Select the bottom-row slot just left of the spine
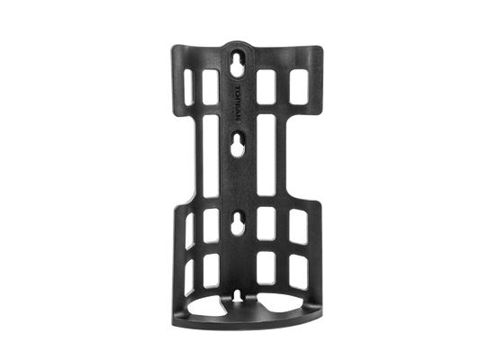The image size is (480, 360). [214, 265]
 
